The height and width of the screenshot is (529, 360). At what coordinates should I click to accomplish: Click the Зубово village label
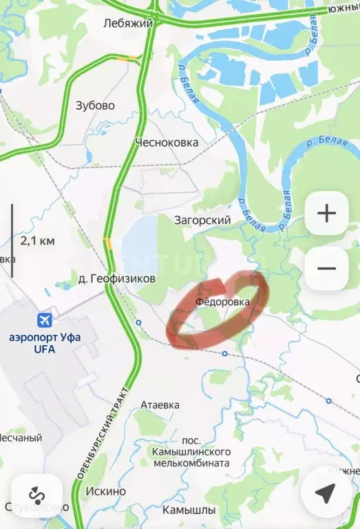[x=95, y=105]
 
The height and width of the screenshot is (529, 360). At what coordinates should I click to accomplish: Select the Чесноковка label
[x=167, y=142]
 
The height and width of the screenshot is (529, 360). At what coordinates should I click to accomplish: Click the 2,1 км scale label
[x=38, y=241]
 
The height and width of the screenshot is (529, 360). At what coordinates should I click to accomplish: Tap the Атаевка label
[x=160, y=405]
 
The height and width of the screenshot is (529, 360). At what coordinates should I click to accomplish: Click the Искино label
[x=106, y=491]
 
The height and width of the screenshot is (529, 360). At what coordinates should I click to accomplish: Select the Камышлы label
[x=189, y=510]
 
